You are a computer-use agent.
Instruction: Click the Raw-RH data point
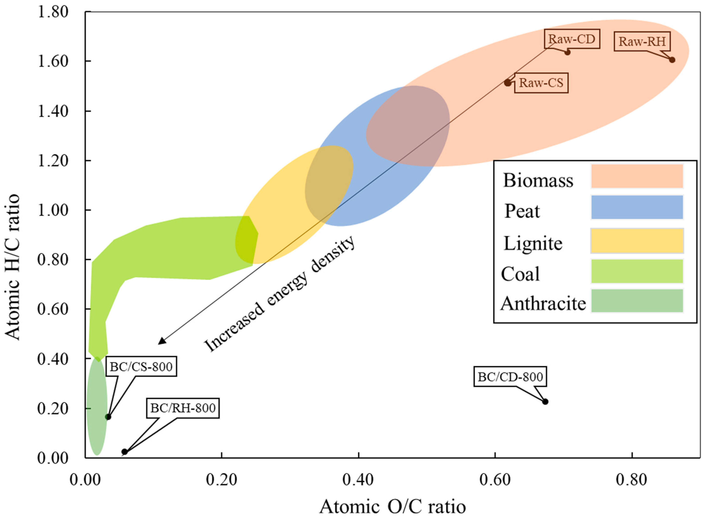[x=672, y=60]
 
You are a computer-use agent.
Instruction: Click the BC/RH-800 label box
[x=183, y=408]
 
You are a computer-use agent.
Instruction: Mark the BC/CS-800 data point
[x=108, y=417]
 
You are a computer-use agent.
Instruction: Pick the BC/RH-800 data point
[x=124, y=452]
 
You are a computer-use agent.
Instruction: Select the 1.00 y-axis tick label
[x=53, y=210]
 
